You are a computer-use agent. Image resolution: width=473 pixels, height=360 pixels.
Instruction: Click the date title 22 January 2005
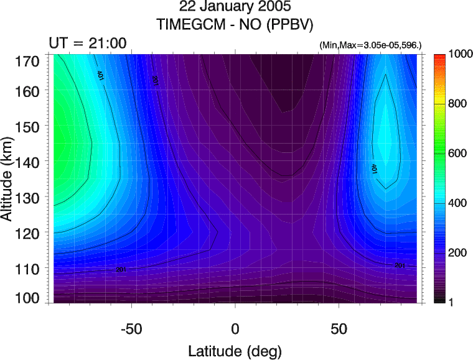[235, 9]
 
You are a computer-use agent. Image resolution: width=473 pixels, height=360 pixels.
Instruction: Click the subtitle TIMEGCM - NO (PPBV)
[235, 25]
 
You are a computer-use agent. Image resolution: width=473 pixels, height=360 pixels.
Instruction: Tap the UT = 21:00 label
[88, 42]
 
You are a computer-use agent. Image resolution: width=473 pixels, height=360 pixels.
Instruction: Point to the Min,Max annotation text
[371, 45]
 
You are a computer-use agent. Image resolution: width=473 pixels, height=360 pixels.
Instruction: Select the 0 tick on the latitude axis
[235, 328]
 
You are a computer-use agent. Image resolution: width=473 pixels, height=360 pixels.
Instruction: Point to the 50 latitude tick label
[338, 328]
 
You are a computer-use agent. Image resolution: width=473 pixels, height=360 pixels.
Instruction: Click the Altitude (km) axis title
[8, 180]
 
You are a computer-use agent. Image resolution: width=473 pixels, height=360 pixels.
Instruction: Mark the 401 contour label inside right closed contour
[375, 168]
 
